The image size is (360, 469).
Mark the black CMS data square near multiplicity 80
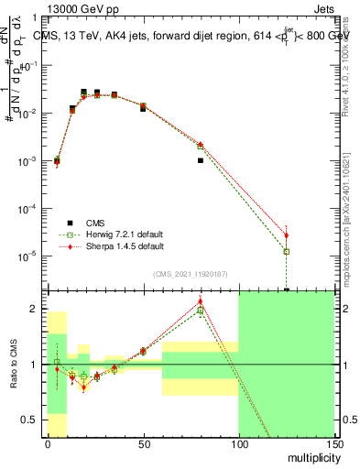pyautogui.click(x=200, y=160)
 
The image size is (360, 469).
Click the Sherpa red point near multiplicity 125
pyautogui.click(x=286, y=235)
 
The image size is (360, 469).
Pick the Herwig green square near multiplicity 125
pyautogui.click(x=286, y=251)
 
